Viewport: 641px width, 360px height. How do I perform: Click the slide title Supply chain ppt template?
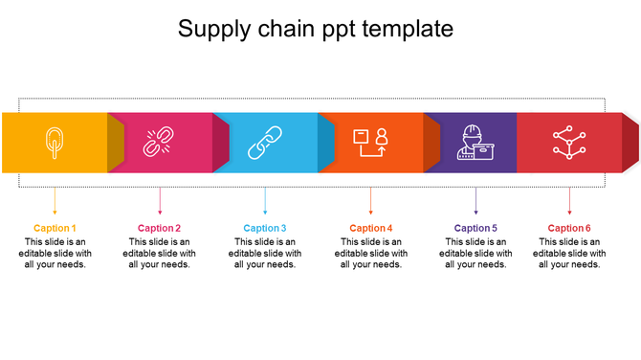click(x=316, y=30)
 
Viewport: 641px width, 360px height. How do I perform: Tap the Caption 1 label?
click(x=55, y=228)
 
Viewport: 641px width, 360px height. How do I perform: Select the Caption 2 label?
click(x=159, y=228)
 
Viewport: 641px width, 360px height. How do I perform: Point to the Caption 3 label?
click(x=265, y=228)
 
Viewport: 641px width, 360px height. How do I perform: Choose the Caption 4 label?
click(x=371, y=228)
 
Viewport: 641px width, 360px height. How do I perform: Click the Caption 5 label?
click(x=475, y=228)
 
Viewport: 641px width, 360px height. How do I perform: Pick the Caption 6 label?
click(x=569, y=228)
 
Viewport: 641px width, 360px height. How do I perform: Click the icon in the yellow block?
click(x=54, y=143)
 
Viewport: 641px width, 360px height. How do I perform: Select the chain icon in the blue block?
click(x=264, y=143)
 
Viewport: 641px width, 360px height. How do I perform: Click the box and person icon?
click(x=370, y=143)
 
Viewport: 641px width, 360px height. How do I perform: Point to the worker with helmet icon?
click(x=475, y=143)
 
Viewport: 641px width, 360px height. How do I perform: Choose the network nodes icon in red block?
click(x=569, y=143)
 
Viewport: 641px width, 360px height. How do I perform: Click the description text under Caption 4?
click(x=371, y=253)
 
